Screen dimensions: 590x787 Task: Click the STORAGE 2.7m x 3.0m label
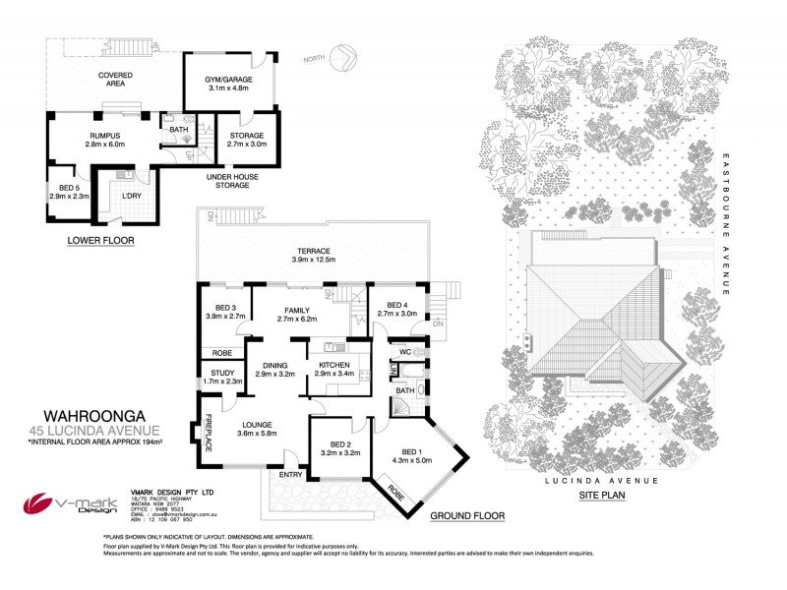click(248, 139)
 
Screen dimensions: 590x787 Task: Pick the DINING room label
click(274, 369)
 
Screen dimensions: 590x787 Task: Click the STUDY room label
click(220, 376)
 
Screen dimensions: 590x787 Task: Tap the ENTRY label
click(291, 473)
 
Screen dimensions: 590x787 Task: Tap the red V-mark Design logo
click(44, 503)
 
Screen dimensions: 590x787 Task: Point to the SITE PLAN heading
click(604, 498)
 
